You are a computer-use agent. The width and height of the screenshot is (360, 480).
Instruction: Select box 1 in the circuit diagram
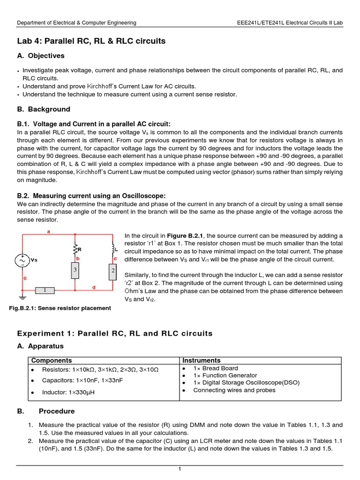click(45, 291)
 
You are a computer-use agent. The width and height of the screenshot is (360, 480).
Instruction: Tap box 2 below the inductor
click(112, 271)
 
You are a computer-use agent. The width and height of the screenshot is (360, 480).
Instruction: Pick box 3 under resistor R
click(74, 270)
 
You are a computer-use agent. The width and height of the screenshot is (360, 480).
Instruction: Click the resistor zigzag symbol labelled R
click(74, 249)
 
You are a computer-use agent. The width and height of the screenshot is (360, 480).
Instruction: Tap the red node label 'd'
click(94, 287)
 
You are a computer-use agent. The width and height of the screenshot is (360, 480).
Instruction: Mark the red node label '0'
click(25, 278)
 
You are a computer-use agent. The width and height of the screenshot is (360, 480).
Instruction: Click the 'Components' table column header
click(51, 360)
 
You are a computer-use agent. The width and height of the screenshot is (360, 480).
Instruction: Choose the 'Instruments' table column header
click(201, 360)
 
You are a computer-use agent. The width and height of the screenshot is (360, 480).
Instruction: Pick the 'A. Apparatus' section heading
click(40, 346)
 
